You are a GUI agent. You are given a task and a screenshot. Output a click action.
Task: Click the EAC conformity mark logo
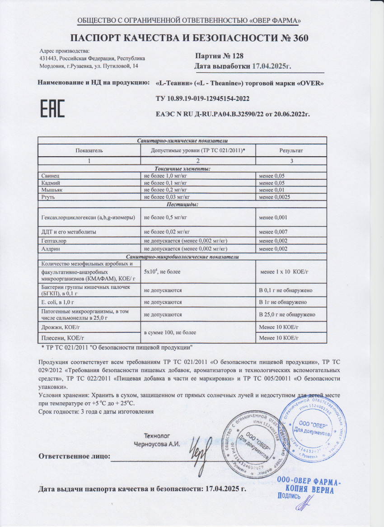[53, 107]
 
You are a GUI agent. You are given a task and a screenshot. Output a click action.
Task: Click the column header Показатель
[89, 150]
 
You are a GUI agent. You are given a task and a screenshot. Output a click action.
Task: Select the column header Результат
[291, 150]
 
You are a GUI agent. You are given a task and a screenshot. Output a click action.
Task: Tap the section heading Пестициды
[182, 204]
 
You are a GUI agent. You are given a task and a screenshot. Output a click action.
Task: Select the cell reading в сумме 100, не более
[170, 332]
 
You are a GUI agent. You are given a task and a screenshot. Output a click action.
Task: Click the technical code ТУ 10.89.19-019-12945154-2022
[202, 98]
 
